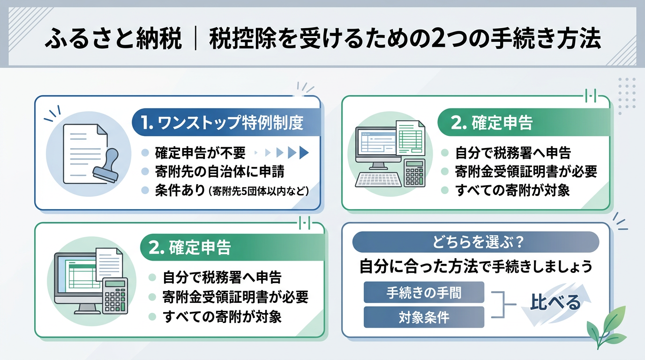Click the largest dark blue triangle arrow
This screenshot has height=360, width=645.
tap(304, 152)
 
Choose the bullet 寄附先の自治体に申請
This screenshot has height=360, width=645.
tap(219, 172)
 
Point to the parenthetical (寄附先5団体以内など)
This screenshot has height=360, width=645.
tap(258, 191)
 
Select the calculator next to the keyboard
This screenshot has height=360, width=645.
tap(414, 173)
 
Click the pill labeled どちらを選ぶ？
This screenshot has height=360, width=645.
tap(475, 243)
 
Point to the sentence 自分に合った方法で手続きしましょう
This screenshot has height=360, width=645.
tap(475, 266)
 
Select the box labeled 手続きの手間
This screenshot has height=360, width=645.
tap(423, 292)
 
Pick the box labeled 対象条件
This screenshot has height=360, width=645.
tap(423, 317)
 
